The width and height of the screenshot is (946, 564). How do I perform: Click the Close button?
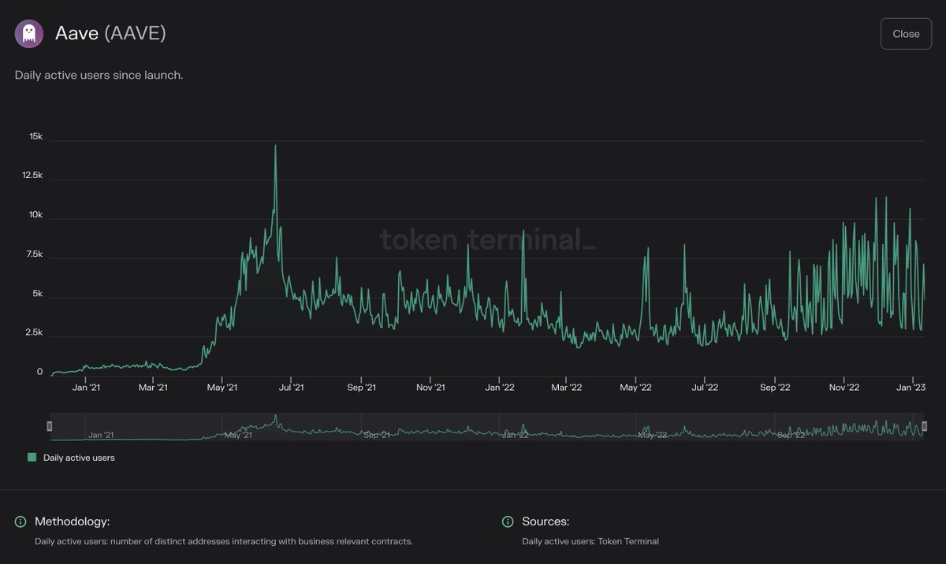pyautogui.click(x=906, y=34)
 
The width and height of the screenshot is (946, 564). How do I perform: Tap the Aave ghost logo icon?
pyautogui.click(x=29, y=34)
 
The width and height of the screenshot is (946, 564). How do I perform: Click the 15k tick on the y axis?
pyautogui.click(x=35, y=137)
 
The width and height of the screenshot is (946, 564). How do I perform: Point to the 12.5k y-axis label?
pyautogui.click(x=32, y=176)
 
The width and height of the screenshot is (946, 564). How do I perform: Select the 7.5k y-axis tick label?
pyautogui.click(x=34, y=254)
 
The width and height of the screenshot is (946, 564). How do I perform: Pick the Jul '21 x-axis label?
pyautogui.click(x=292, y=388)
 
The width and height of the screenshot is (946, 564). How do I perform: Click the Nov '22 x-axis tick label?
pyautogui.click(x=844, y=388)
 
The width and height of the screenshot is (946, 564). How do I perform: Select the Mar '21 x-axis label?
pyautogui.click(x=153, y=388)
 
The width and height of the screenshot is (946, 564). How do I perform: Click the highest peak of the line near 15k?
pyautogui.click(x=275, y=146)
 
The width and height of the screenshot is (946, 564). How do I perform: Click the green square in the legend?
pyautogui.click(x=32, y=457)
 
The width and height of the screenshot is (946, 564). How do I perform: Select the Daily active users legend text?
pyautogui.click(x=79, y=458)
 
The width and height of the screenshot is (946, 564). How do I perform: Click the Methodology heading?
pyautogui.click(x=72, y=521)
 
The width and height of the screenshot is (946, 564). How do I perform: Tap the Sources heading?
pyautogui.click(x=546, y=521)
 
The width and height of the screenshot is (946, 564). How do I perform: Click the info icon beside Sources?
pyautogui.click(x=507, y=521)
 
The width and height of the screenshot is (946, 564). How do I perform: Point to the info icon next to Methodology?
pyautogui.click(x=20, y=521)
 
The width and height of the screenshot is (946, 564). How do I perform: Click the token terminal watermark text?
pyautogui.click(x=487, y=239)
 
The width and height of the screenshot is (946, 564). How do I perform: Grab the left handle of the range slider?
pyautogui.click(x=50, y=426)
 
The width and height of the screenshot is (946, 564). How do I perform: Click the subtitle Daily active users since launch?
pyautogui.click(x=99, y=76)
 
